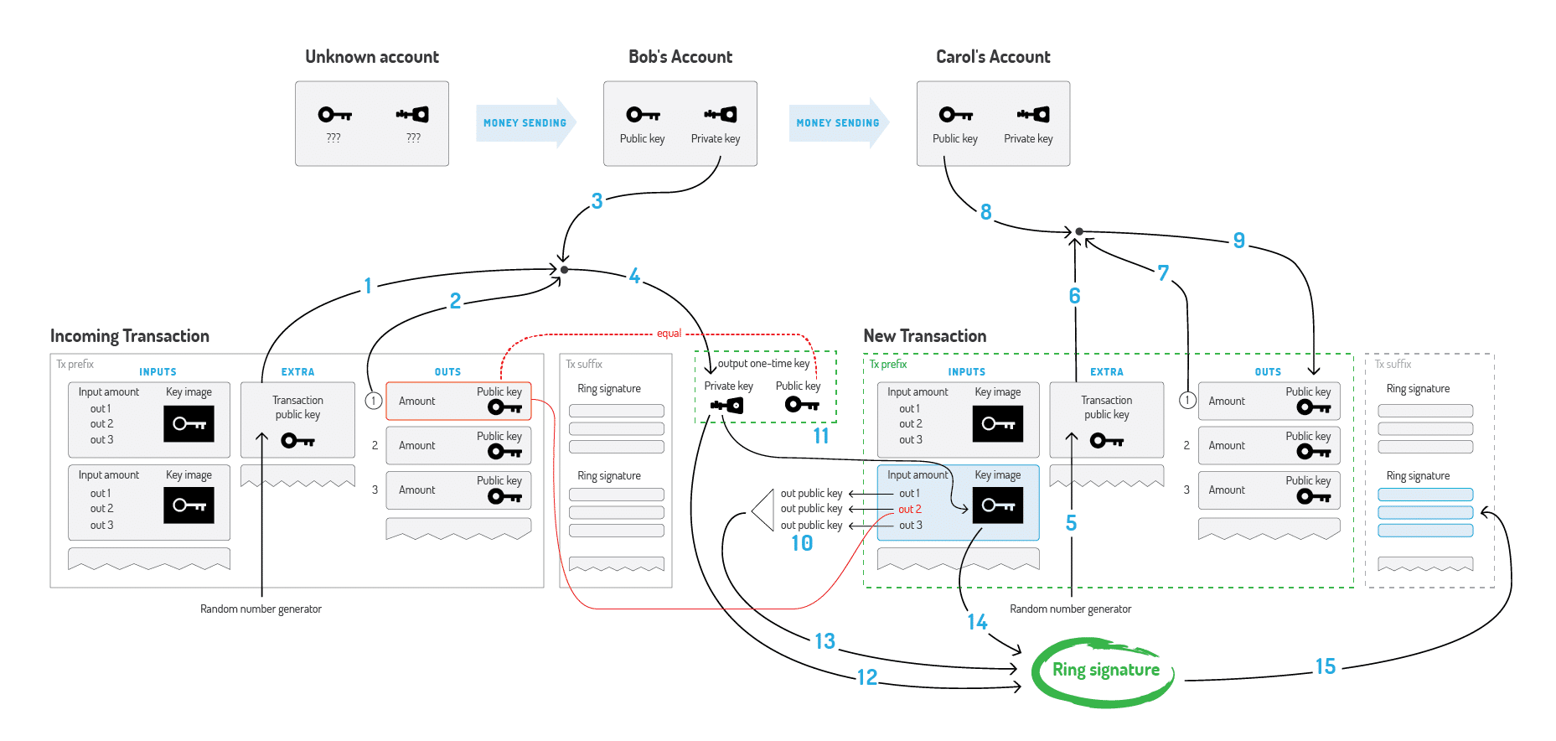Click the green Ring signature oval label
coord(1105,670)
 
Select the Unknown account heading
coord(372,57)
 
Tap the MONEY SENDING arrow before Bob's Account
coord(525,123)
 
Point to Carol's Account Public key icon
coord(955,115)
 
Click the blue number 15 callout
coord(1325,666)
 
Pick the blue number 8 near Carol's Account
coord(985,212)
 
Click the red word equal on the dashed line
coord(669,334)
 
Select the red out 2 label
coord(909,509)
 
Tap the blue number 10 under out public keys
coord(802,543)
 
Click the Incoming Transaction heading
coord(130,336)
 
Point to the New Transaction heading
coord(924,336)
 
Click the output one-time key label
coord(763,364)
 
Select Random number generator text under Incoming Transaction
coord(261,609)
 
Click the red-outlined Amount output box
coord(457,402)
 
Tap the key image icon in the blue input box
coord(997,505)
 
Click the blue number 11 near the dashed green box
coord(821,436)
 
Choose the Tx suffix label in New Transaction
coord(1393,364)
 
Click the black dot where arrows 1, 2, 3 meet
coord(564,270)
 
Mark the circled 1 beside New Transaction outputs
coord(1186,401)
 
